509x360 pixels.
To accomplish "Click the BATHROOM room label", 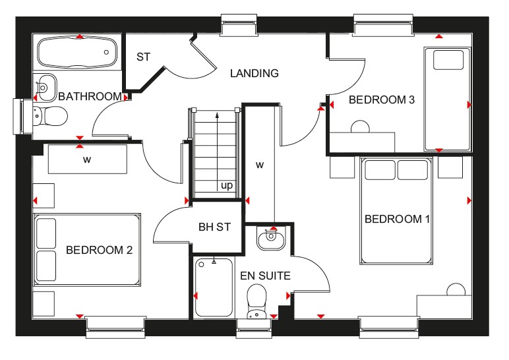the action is [x=90, y=96].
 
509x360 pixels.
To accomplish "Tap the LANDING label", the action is [x=254, y=73].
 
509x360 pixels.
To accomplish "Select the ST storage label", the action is [x=143, y=57].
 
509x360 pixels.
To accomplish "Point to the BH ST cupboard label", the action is [x=214, y=227].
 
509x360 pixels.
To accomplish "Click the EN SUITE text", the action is [x=265, y=276].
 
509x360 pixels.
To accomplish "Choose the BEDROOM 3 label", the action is [x=382, y=100].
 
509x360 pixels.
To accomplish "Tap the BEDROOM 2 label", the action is [x=99, y=250].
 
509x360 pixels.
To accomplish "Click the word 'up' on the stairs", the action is [x=227, y=186].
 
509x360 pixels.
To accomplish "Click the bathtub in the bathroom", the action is [x=77, y=52].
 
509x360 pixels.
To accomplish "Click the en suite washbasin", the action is [x=271, y=237].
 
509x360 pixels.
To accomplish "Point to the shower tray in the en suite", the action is [x=214, y=287].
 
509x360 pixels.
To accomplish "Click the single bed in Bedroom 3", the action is [x=447, y=99].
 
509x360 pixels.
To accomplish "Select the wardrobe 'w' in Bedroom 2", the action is [x=87, y=160].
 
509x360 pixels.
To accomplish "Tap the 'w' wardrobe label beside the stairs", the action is [x=259, y=165].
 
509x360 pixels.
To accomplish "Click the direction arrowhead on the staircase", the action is [x=217, y=115].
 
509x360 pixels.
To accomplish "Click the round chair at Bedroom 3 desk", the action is [x=360, y=127].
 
